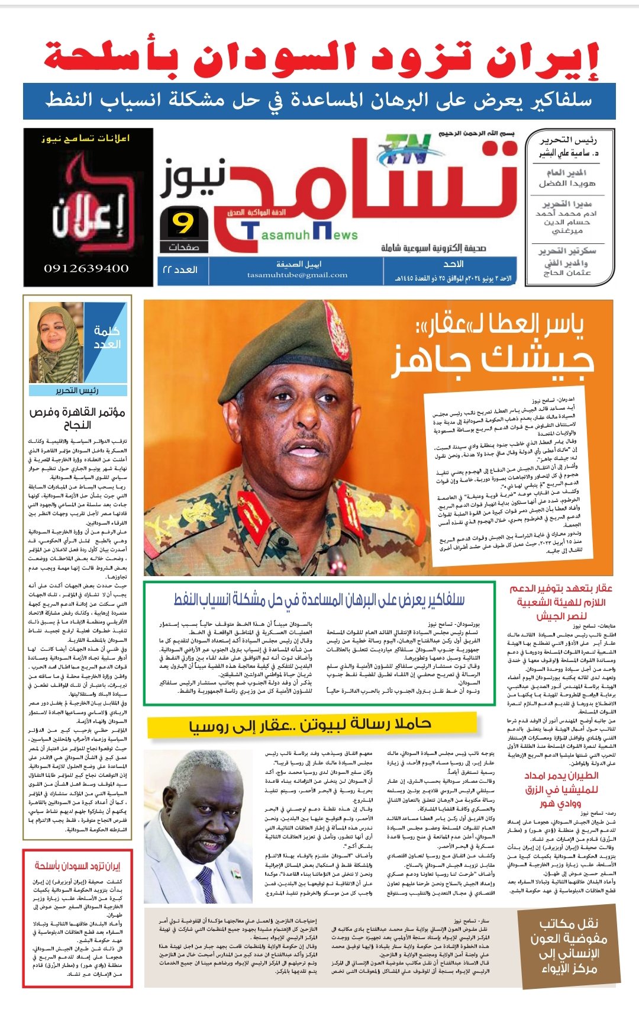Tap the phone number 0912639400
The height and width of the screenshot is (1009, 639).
pyautogui.click(x=86, y=268)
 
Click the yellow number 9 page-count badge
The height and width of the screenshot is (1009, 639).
pyautogui.click(x=183, y=224)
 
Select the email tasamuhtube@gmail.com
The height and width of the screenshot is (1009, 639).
pyautogui.click(x=297, y=275)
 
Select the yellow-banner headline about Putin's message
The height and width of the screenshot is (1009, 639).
pyautogui.click(x=311, y=725)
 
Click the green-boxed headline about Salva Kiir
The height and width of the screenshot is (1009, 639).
pyautogui.click(x=319, y=599)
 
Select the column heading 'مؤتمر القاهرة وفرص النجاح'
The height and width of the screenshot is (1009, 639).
pyautogui.click(x=77, y=418)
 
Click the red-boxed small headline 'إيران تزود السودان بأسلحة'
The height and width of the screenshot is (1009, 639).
pyautogui.click(x=77, y=866)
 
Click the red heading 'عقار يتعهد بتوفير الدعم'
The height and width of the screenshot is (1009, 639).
pyautogui.click(x=560, y=589)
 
